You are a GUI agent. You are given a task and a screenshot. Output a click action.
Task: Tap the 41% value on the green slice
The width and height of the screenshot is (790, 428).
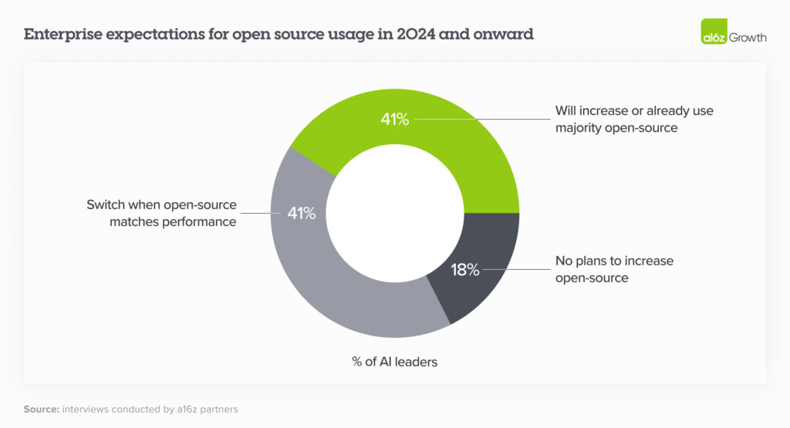click(394, 120)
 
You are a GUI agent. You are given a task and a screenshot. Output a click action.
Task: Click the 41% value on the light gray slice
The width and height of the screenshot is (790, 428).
click(302, 214)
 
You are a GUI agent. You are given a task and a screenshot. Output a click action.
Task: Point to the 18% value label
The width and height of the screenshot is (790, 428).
click(465, 270)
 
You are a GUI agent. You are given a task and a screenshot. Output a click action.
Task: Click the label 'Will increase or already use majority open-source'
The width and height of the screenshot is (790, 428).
click(633, 119)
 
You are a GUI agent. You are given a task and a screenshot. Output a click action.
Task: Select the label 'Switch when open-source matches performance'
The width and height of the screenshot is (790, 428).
click(161, 214)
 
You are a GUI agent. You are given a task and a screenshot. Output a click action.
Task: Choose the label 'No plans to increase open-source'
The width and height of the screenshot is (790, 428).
click(614, 269)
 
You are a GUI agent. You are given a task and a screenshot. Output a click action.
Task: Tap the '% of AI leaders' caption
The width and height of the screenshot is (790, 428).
click(393, 361)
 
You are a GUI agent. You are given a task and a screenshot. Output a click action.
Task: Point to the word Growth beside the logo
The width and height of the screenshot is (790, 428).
click(748, 36)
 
